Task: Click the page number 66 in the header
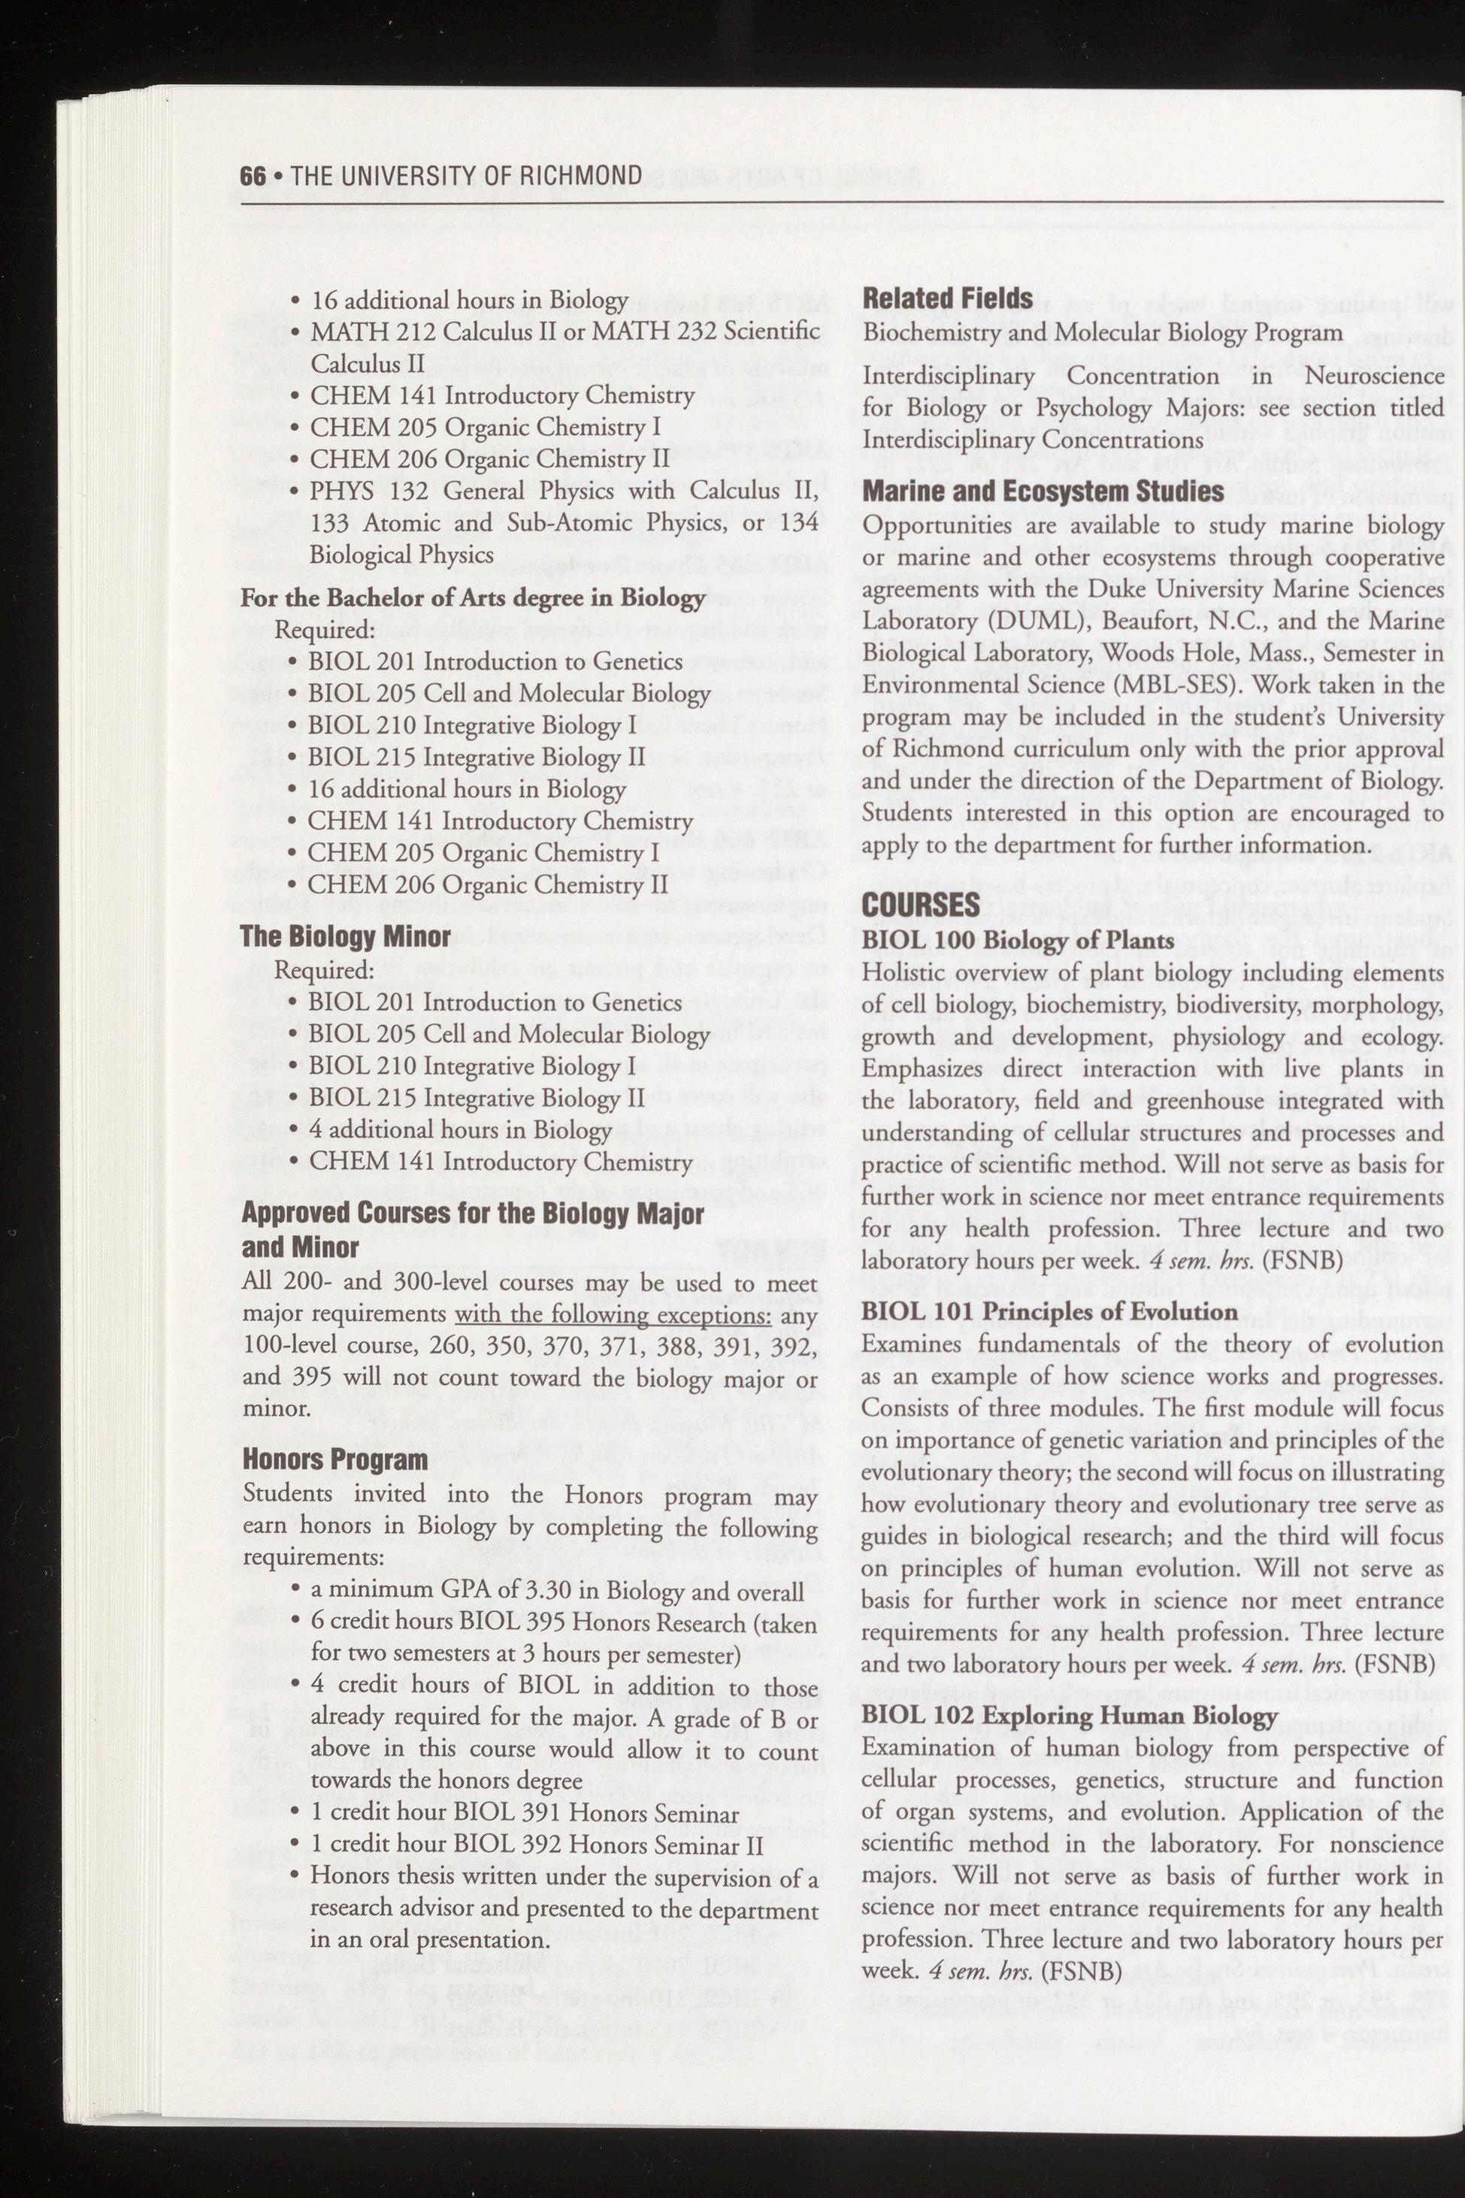[x=253, y=176]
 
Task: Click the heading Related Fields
[x=947, y=299]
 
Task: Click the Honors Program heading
[x=334, y=1459]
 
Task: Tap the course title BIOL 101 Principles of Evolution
[x=1049, y=1311]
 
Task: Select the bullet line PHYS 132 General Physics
[x=565, y=491]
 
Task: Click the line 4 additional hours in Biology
[x=460, y=1129]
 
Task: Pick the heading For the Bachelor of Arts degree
[x=472, y=598]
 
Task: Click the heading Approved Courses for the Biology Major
[x=472, y=1214]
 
